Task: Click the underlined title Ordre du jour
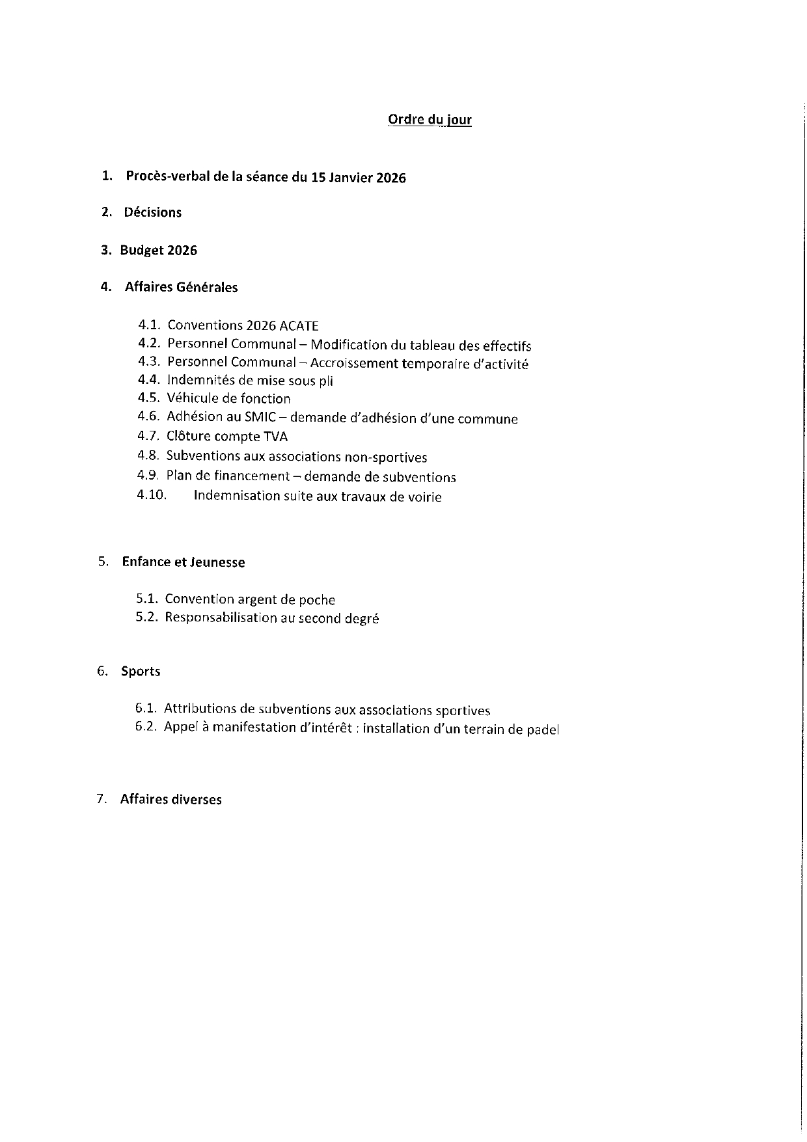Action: coord(430,120)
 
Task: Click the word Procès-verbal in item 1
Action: coord(168,177)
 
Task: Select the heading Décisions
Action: coord(153,213)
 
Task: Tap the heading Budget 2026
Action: coord(158,251)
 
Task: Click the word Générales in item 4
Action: coord(207,288)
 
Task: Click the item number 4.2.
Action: coord(149,344)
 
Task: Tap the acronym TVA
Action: coord(275,437)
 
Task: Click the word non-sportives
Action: coord(390,457)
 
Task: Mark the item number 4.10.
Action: coord(152,495)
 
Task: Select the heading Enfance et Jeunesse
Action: coord(184,563)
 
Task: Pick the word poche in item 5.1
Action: coord(316,600)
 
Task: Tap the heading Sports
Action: coord(141,672)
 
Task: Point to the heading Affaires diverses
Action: coord(171,800)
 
